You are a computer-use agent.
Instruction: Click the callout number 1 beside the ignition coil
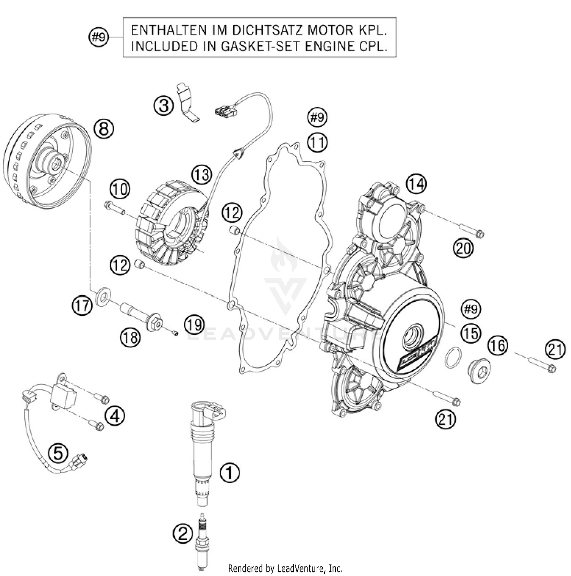pos(230,473)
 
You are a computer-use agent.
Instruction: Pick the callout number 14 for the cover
pos(416,184)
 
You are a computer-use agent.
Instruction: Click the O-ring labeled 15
pos(453,357)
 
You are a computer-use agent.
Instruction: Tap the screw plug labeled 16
pos(479,369)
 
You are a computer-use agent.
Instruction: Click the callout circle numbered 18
pos(131,336)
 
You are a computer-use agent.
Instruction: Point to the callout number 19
pos(194,325)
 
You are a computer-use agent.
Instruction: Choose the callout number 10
pos(120,189)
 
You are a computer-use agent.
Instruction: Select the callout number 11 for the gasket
pos(317,143)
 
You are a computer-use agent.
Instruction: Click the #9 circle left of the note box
pos(99,37)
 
